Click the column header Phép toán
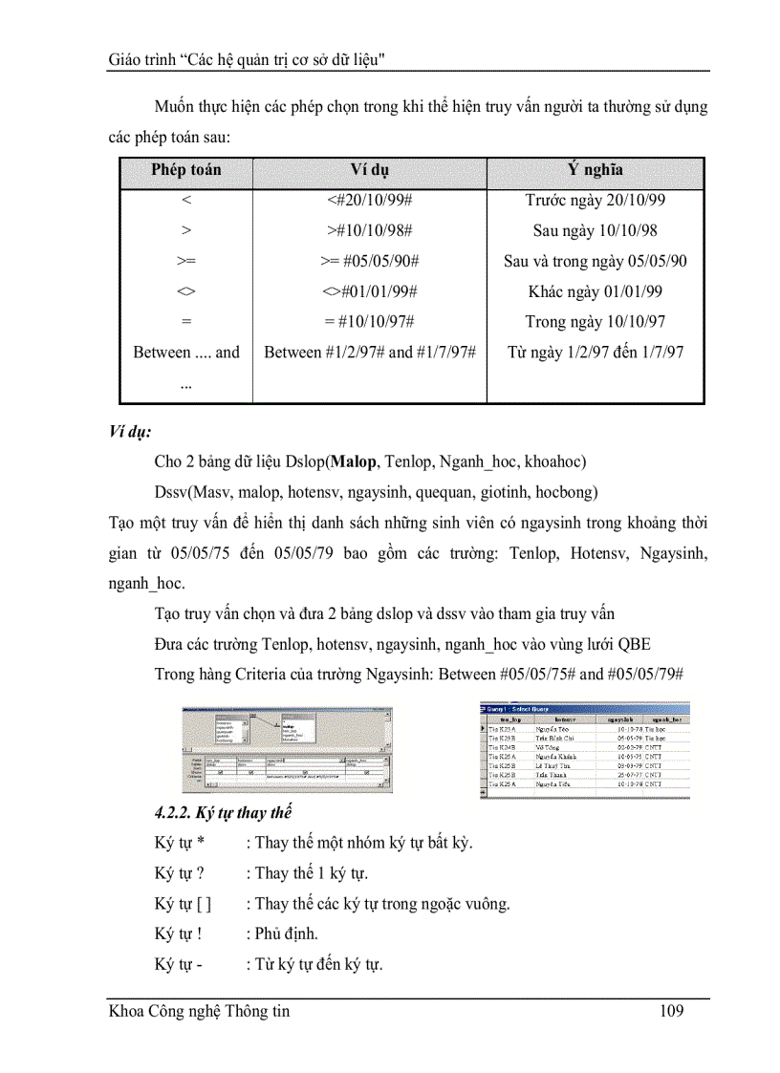(x=185, y=170)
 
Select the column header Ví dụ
(x=369, y=170)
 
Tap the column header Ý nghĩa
(x=596, y=170)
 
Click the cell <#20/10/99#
(x=369, y=201)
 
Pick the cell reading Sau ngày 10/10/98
(x=596, y=231)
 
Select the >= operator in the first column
(x=185, y=262)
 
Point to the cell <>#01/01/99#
(x=369, y=291)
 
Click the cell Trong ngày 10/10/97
(x=596, y=322)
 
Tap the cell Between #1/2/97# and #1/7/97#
(x=369, y=353)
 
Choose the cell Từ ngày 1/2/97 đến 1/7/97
(x=596, y=353)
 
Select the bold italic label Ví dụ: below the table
(x=130, y=432)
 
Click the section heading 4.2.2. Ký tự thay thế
(x=223, y=813)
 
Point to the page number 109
(x=672, y=1011)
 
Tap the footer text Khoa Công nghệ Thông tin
(x=199, y=1011)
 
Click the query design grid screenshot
(x=287, y=751)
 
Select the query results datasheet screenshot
(x=584, y=750)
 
